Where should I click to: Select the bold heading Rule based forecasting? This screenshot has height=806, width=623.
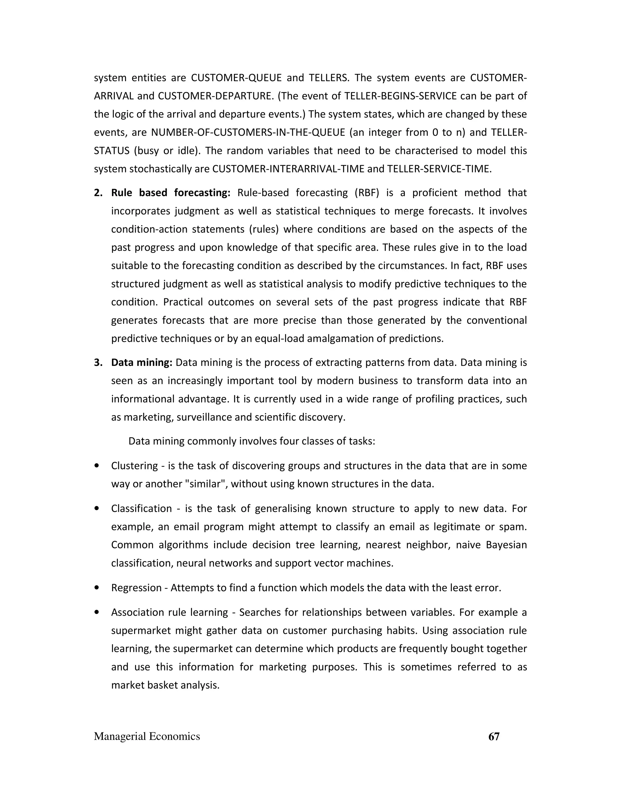pos(171,193)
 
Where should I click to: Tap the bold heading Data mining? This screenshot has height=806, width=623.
pos(142,363)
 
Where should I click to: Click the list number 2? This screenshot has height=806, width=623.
pos(98,193)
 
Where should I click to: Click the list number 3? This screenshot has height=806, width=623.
pos(98,363)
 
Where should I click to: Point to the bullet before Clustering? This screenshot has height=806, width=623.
pos(97,466)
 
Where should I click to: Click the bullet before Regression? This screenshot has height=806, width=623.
pos(97,588)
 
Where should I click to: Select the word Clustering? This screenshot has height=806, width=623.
pos(134,466)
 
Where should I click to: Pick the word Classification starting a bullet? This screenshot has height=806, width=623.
pos(141,509)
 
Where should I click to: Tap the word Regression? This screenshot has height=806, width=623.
pos(136,588)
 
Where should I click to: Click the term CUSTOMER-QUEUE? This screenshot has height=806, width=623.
pos(236,78)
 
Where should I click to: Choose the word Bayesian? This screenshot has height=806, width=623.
pos(506,545)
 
